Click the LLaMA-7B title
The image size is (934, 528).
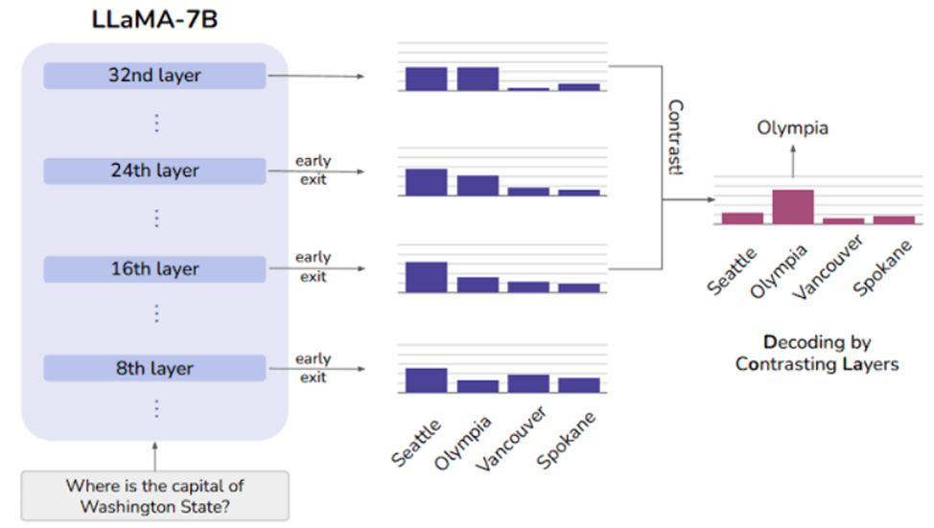(154, 19)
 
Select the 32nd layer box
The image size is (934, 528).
(154, 76)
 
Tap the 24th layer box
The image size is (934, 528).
(154, 171)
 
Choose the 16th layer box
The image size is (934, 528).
(154, 269)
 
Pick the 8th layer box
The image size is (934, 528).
(154, 369)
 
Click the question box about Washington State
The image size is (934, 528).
(155, 495)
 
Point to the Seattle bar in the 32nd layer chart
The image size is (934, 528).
(426, 80)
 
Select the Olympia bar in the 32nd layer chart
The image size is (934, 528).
(478, 80)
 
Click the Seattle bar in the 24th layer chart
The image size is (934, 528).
(426, 182)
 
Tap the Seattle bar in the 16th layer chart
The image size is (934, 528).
(426, 277)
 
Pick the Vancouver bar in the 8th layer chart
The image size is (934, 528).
(527, 384)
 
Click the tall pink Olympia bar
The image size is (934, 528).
(793, 207)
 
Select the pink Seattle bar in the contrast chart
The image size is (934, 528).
(742, 218)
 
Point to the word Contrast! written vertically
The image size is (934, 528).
(675, 137)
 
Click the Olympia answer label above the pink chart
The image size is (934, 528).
(792, 128)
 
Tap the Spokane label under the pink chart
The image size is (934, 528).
(883, 267)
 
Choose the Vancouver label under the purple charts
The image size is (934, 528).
(512, 438)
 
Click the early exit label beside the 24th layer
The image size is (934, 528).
(314, 171)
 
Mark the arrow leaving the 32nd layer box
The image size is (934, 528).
(315, 77)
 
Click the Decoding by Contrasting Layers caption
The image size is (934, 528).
(817, 353)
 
